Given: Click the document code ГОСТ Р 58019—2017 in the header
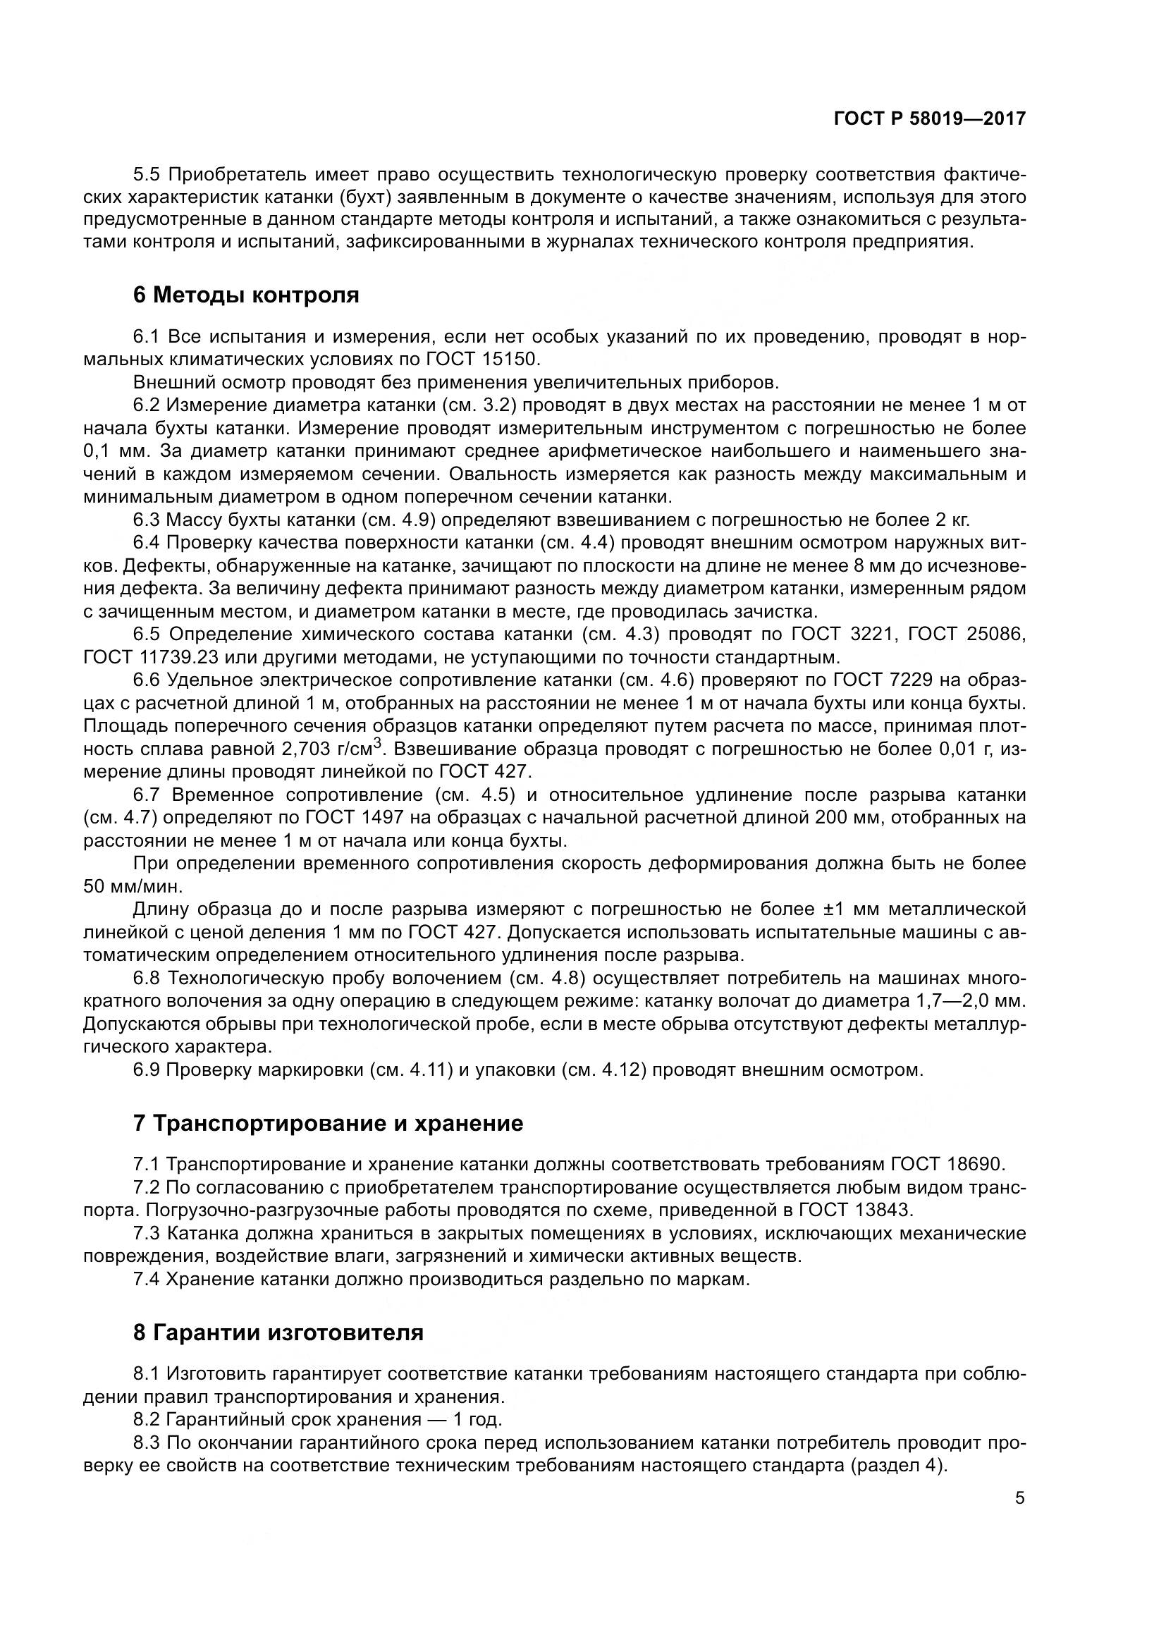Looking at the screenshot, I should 929,118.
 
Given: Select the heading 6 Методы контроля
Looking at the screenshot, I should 245,295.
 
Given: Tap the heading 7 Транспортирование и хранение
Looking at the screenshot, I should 328,1123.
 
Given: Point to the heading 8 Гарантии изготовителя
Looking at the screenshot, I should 278,1333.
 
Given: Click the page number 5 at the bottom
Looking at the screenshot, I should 1019,1498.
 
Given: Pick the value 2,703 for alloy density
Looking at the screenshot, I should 307,749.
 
